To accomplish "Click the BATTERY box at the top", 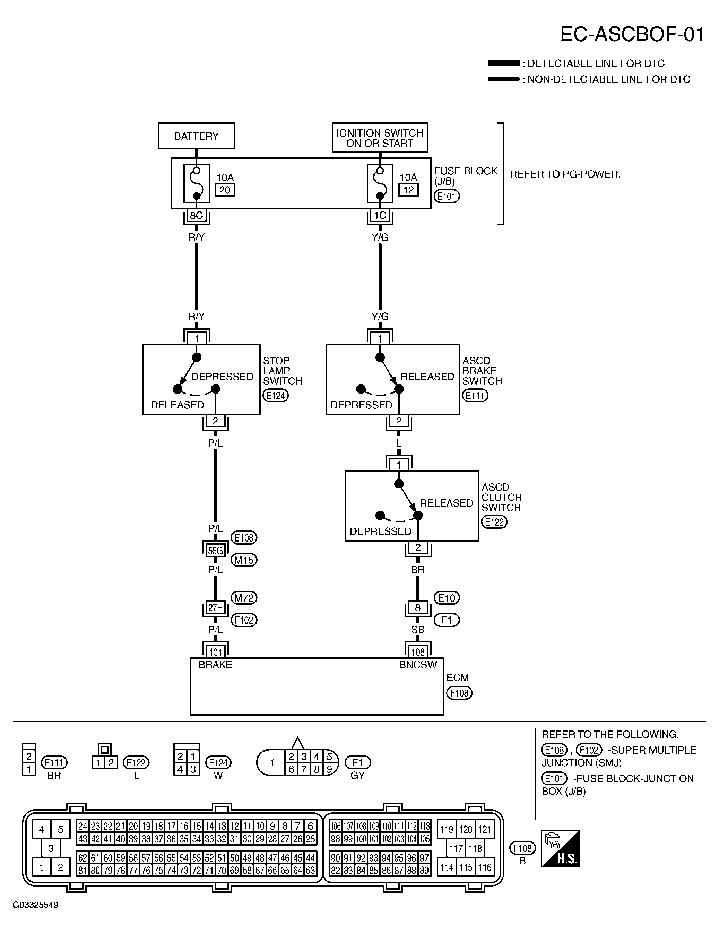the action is (x=196, y=136).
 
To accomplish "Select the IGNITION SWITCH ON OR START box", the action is (x=380, y=138).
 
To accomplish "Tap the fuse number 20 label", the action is (x=225, y=190).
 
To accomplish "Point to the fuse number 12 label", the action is (x=408, y=190).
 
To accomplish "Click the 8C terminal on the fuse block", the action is (x=196, y=216).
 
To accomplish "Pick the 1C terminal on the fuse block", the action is (x=380, y=216).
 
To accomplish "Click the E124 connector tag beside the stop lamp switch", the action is (x=276, y=396).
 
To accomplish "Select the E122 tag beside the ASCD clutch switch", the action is (x=494, y=522).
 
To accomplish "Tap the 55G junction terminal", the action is (x=215, y=551).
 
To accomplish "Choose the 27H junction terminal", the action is (x=215, y=607).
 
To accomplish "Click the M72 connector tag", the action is (x=244, y=598).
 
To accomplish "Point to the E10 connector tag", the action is (x=447, y=598).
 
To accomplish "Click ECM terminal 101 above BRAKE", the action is (x=215, y=652).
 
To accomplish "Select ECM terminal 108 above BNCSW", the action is (x=418, y=652).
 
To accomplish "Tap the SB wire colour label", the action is (x=418, y=630).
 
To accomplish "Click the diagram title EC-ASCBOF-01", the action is (x=632, y=34).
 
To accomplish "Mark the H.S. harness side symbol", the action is (x=561, y=848).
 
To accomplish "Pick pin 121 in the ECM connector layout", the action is (x=485, y=830).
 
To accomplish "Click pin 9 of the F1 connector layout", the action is (x=329, y=769).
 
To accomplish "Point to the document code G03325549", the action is (x=35, y=905).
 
